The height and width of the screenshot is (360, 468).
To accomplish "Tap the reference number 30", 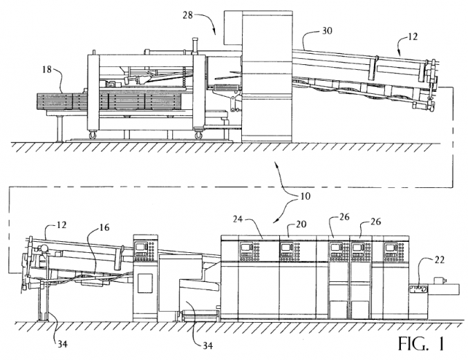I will click(x=325, y=31).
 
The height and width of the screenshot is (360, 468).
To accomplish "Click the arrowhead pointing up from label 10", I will click(x=277, y=164).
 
